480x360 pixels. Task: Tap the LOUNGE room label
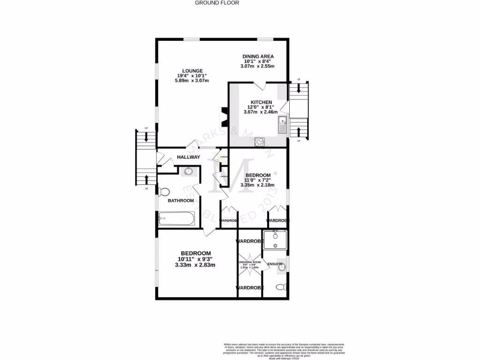pos(193,71)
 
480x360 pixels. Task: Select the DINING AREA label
pos(258,56)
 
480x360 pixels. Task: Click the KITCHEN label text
pos(261,102)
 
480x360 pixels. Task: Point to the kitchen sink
pos(283,125)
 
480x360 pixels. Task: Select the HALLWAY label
pos(188,157)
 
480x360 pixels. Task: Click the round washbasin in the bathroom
pos(188,171)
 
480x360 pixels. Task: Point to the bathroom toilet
pos(164,192)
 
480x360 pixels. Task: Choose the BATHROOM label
pos(181,201)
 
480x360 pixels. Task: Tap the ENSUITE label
pos(275,264)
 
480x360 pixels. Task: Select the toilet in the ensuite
pos(280,287)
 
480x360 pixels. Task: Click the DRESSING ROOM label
pos(249,262)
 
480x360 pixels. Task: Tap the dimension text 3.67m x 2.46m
pos(261,112)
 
